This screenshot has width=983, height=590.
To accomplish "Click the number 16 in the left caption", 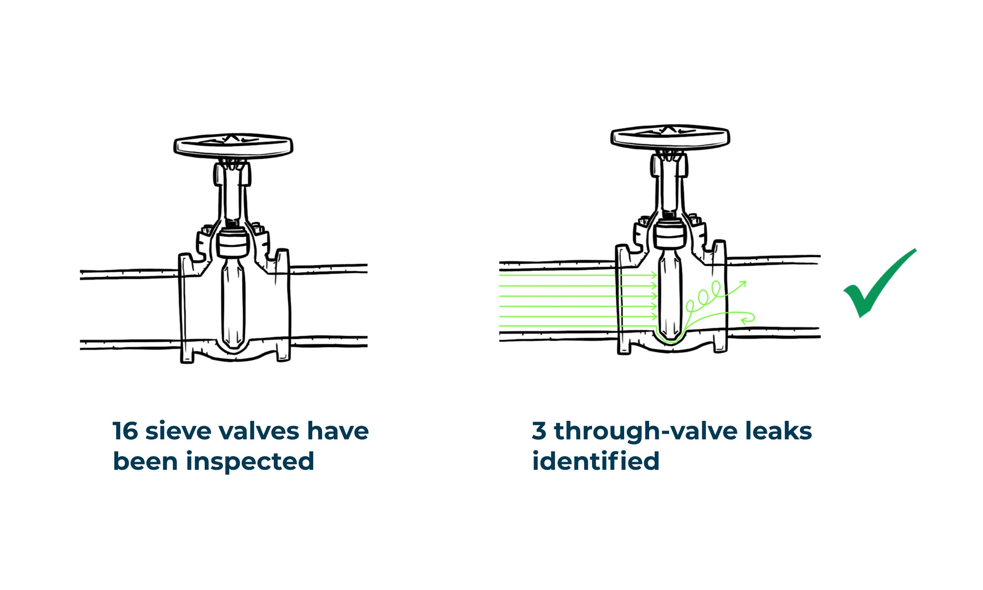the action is pos(125,431).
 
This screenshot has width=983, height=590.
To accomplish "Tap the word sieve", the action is pos(178,431).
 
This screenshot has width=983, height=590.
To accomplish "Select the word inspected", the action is pos(250,462).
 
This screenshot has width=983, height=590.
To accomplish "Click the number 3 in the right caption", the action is pos(539,431).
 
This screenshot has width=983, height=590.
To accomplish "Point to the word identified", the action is pos(596,462).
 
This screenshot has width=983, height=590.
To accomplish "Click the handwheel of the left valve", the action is pos(233,146).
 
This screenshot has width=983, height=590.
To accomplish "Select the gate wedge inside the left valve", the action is pos(233,303).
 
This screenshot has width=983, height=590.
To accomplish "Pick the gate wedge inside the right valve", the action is pos(670,295).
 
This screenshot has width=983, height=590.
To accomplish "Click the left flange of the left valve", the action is pos(186,307).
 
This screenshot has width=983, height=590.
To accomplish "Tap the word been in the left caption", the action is pos(145,462).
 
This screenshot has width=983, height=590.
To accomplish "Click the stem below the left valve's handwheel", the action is pos(233,195).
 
